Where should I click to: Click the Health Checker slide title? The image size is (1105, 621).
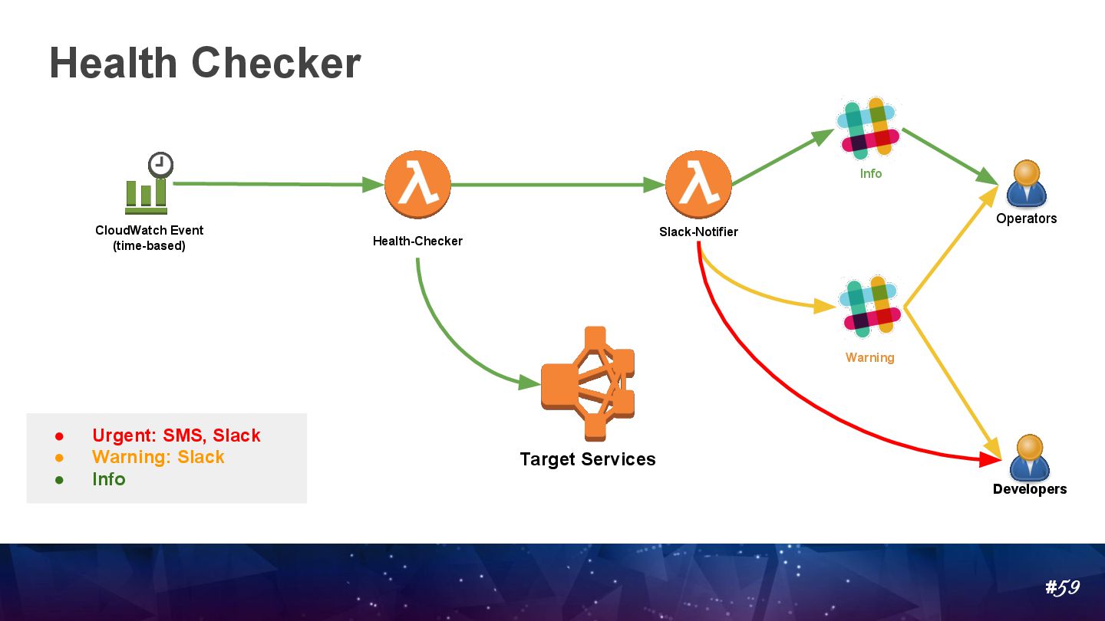(205, 63)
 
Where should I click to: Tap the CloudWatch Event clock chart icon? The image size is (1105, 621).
(148, 184)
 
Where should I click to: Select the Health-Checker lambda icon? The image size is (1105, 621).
(417, 185)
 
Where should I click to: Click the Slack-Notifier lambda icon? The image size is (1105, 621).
(698, 185)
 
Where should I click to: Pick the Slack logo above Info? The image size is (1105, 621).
(869, 128)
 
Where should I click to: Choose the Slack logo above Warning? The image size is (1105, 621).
(870, 307)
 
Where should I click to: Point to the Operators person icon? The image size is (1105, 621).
(1026, 185)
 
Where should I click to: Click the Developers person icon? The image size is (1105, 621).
(1028, 458)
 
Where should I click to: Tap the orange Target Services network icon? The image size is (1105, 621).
(589, 383)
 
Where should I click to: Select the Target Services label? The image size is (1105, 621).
(588, 459)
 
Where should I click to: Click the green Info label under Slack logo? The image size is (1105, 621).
(871, 174)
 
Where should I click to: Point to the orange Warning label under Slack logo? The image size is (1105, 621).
(869, 357)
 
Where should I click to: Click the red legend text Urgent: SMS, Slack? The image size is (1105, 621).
(176, 435)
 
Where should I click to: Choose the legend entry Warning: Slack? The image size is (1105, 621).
(158, 457)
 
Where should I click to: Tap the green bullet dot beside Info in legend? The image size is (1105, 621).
(58, 480)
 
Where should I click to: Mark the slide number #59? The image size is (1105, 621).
(1062, 588)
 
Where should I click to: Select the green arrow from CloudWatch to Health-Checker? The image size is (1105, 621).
(276, 184)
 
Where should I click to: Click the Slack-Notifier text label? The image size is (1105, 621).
(698, 232)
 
